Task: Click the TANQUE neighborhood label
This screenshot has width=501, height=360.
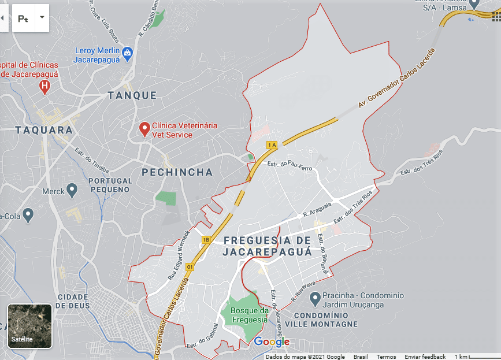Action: (132, 95)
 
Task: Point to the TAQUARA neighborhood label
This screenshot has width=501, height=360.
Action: (44, 130)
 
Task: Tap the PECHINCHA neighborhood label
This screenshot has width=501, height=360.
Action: (177, 172)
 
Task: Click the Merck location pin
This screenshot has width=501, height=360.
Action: (72, 190)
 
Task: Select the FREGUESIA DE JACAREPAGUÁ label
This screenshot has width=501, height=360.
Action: (267, 246)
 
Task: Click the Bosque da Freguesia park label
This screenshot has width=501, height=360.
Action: (250, 315)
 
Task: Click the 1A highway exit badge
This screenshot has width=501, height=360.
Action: (272, 144)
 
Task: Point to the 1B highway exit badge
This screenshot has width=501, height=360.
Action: (206, 239)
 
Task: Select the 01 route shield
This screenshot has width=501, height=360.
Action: (190, 267)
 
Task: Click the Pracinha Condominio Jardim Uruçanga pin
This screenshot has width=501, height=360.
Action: (315, 299)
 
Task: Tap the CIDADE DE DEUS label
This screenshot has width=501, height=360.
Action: (73, 301)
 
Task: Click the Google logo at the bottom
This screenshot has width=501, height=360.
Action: (272, 342)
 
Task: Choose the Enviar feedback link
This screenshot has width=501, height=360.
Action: (425, 357)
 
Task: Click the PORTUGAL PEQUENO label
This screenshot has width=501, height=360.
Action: (109, 185)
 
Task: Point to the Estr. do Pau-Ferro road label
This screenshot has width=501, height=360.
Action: (290, 166)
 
